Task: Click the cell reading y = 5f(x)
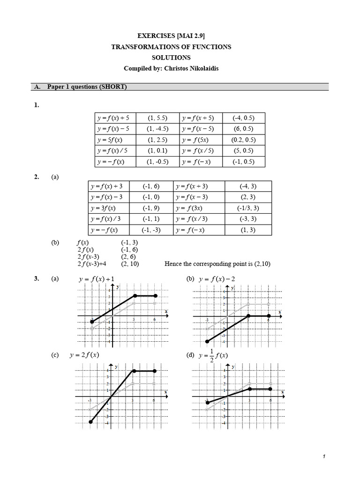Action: [x=113, y=140]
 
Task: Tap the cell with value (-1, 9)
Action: [x=151, y=208]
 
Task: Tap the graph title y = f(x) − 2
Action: [x=217, y=279]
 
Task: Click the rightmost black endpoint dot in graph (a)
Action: [x=156, y=296]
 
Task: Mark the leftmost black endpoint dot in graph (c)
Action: [x=90, y=422]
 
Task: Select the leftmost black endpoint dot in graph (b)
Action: [x=207, y=341]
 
